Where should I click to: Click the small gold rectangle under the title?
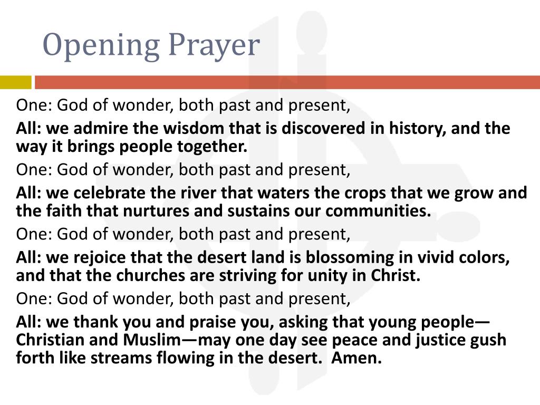pos(16,82)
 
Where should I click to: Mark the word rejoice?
pos(95,258)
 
